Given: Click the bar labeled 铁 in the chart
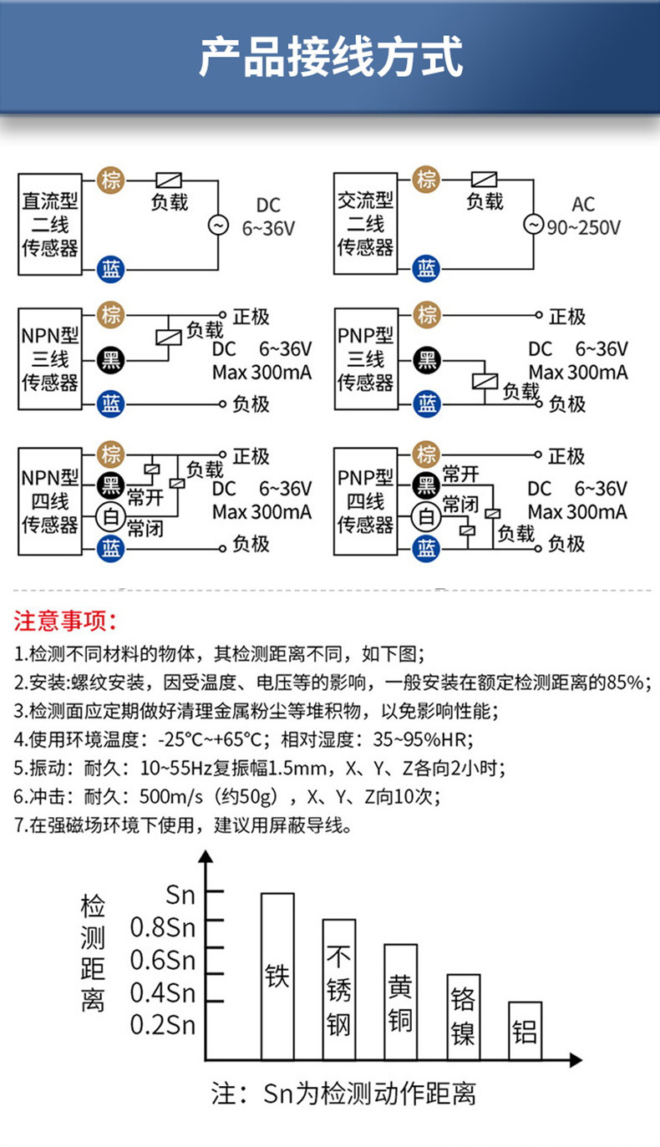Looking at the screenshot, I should point(277,976).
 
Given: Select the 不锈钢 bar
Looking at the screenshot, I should point(339,989).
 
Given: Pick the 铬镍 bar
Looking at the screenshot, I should point(463,1017).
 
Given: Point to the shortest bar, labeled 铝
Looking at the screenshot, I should point(525,1030).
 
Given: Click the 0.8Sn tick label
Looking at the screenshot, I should point(162,926).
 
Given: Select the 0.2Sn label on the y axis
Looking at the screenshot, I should point(162,1024).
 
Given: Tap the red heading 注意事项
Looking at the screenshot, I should point(67,622).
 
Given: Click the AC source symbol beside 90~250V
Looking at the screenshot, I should point(533,225).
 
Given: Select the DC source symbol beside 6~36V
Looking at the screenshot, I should point(218,225).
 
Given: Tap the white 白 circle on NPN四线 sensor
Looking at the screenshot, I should point(109,515).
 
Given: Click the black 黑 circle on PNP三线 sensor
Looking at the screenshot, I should point(427,360).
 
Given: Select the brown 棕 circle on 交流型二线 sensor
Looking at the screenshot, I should point(427,178).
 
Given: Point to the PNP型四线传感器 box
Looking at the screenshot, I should point(366,500).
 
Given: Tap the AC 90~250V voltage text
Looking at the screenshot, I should point(583,216).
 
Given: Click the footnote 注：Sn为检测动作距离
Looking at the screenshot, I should point(343,1093).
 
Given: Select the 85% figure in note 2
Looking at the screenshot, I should point(628,683).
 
